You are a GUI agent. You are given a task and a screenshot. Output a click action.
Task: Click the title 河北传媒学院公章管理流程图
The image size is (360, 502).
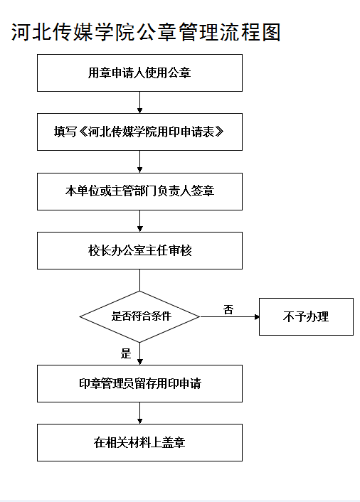click(x=146, y=32)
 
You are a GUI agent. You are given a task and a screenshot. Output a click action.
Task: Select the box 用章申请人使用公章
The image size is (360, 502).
click(x=139, y=73)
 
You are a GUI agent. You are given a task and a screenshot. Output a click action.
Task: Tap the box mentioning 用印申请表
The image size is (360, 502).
click(x=139, y=132)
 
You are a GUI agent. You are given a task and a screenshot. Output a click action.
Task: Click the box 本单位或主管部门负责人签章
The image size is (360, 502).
click(x=139, y=191)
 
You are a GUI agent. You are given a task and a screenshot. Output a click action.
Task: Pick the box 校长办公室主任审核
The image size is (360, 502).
click(x=139, y=250)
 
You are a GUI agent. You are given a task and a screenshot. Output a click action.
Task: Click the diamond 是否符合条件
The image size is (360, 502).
click(x=139, y=316)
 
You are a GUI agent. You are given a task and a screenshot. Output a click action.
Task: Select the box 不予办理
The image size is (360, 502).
click(x=306, y=316)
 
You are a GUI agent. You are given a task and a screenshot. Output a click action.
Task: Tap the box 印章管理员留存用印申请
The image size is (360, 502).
click(x=139, y=383)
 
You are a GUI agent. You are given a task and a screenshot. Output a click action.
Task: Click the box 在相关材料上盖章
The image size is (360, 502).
click(x=139, y=442)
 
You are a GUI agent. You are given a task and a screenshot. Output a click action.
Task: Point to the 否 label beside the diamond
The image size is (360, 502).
click(x=228, y=309)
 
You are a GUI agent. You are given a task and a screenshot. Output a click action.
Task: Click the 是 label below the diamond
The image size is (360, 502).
click(x=126, y=353)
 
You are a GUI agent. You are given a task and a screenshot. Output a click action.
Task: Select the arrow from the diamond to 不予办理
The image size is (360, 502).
click(x=230, y=316)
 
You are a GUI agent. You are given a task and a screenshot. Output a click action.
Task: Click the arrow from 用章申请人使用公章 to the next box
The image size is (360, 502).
click(x=139, y=102)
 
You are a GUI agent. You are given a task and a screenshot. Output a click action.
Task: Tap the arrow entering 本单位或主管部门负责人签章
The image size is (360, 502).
click(x=139, y=161)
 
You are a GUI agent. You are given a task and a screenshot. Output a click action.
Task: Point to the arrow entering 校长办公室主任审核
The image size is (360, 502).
click(x=139, y=221)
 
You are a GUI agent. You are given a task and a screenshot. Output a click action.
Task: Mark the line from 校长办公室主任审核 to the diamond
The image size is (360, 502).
click(x=139, y=280)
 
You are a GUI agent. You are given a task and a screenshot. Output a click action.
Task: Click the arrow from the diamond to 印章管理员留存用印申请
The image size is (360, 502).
click(x=139, y=354)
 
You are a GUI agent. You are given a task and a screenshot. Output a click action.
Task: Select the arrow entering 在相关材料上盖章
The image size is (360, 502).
click(x=139, y=413)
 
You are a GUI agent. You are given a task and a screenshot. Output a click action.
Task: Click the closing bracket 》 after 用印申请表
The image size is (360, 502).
click(x=219, y=132)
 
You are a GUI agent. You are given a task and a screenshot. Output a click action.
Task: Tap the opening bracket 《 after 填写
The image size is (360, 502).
click(x=83, y=132)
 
